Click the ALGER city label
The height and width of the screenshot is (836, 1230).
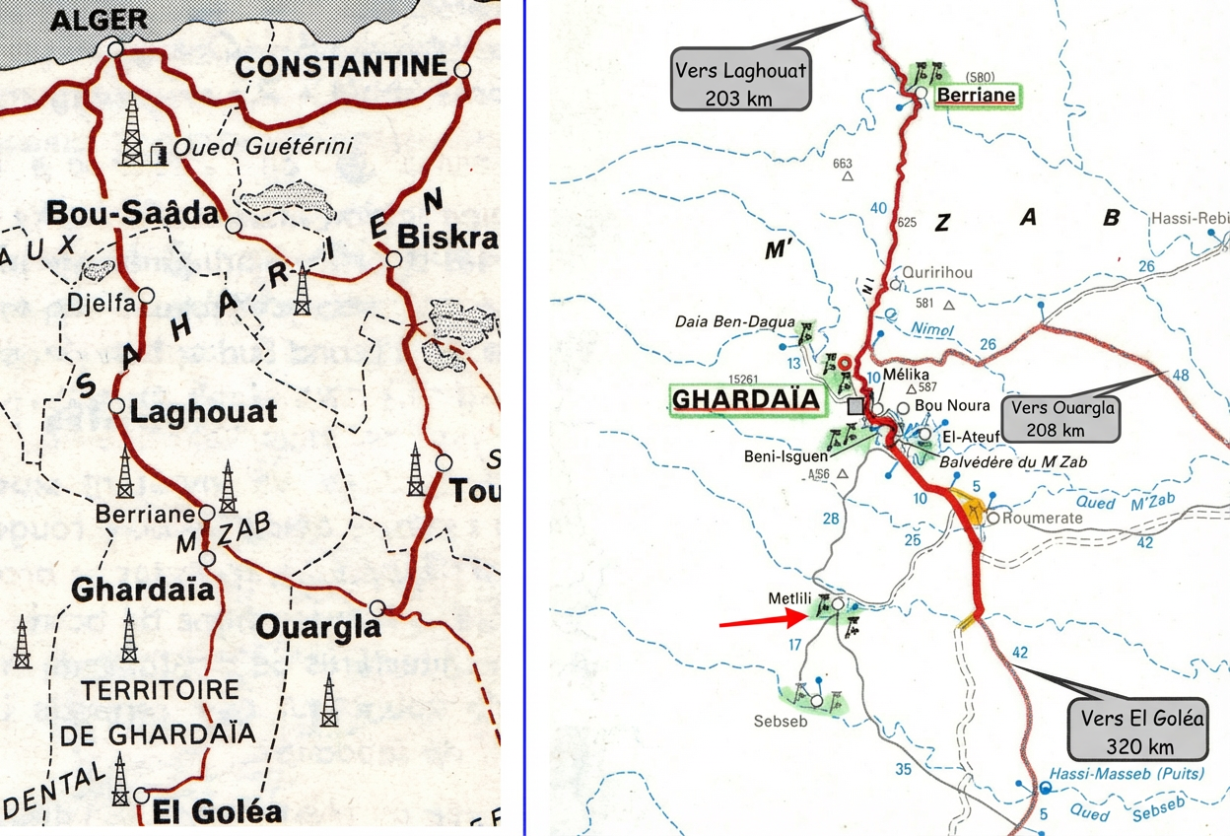(98, 20)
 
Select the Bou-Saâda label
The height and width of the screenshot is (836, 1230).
(109, 212)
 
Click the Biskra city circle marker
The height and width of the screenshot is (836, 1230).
(394, 259)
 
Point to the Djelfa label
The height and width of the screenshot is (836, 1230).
(102, 304)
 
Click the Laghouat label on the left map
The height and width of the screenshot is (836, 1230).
(204, 411)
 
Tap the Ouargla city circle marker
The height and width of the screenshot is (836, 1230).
(376, 607)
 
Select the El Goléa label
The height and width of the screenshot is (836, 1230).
(217, 813)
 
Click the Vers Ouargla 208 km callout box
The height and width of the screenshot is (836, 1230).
(1061, 418)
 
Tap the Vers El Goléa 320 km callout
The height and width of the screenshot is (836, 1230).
(1140, 731)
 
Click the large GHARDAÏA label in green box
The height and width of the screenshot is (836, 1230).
(745, 399)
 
